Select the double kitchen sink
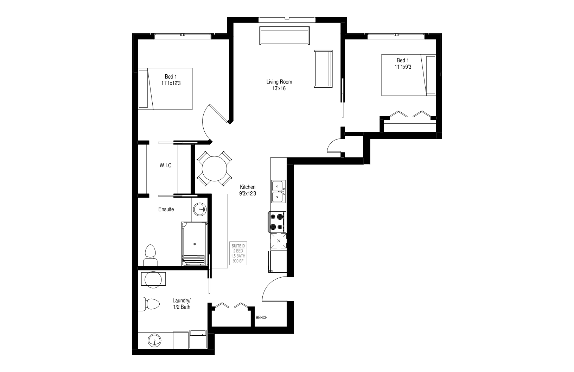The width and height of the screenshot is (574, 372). [278, 192]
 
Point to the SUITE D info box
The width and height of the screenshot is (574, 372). [238, 253]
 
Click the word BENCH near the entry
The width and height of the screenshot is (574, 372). [261, 317]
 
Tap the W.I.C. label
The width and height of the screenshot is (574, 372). [166, 166]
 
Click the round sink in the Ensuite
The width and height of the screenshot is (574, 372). [200, 210]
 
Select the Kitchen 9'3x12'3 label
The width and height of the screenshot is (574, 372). [248, 190]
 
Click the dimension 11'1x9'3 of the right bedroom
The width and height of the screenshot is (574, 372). [403, 67]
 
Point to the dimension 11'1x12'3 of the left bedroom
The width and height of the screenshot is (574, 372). [171, 83]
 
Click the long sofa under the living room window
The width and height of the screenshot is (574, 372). [284, 35]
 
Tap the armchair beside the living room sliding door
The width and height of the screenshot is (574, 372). [323, 69]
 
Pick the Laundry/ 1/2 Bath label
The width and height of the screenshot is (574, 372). [181, 304]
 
